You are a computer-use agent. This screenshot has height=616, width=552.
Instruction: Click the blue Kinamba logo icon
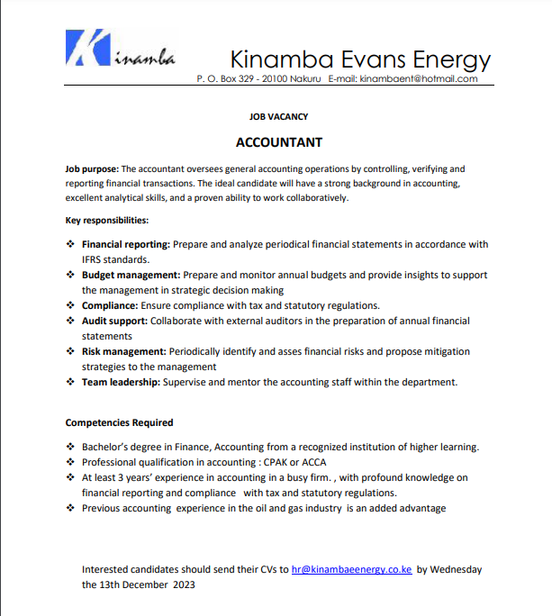[88, 49]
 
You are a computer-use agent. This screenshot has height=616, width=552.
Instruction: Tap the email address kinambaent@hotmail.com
[419, 79]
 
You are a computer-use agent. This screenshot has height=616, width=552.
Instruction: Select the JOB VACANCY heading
[278, 117]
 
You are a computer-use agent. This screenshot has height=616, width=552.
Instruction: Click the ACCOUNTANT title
[278, 142]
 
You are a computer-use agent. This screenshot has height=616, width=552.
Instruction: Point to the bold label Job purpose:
[92, 169]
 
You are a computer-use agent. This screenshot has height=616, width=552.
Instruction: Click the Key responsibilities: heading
[107, 221]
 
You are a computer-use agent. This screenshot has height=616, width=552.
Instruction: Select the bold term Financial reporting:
[126, 244]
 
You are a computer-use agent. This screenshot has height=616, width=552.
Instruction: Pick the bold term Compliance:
[109, 305]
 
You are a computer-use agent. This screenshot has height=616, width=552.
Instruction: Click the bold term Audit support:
[114, 321]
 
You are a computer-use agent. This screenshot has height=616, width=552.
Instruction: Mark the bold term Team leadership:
[122, 382]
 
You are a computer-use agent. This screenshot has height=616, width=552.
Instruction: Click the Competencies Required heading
[119, 422]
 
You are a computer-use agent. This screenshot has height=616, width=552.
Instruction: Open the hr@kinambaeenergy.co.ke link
[351, 569]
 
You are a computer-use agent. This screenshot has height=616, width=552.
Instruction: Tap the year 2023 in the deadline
[182, 584]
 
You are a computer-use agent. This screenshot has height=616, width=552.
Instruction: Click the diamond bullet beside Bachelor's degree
[71, 447]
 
